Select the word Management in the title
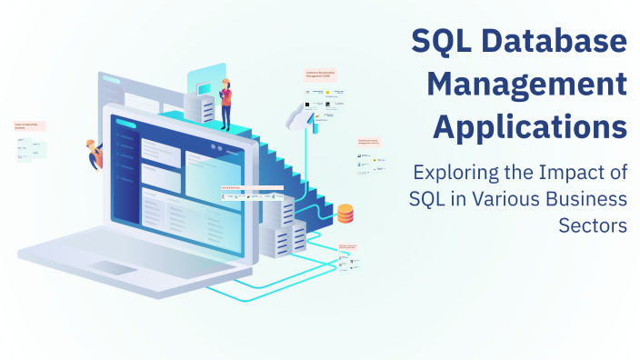tap(527, 85)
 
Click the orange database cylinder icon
tap(345, 214)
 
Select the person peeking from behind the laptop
tap(94, 155)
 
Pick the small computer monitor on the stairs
tap(202, 84)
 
